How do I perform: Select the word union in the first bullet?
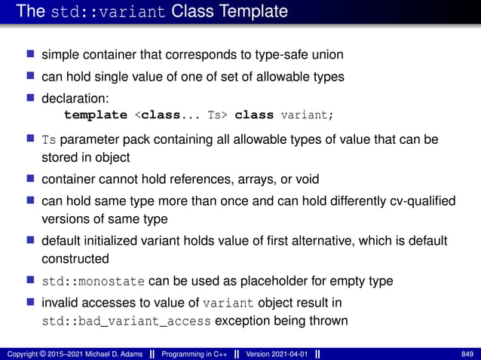[326, 55]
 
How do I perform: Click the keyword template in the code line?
[96, 115]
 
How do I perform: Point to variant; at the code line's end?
[306, 115]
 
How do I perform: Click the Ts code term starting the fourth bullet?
[49, 140]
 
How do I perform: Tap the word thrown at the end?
[329, 322]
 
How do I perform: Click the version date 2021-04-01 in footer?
[287, 354]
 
